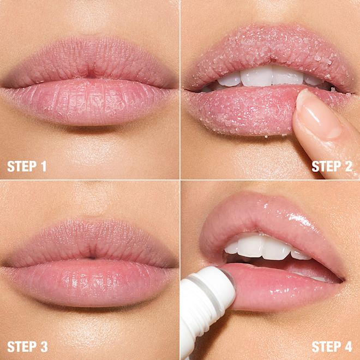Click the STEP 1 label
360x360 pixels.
coord(27,166)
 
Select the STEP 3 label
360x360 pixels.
coord(27,346)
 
